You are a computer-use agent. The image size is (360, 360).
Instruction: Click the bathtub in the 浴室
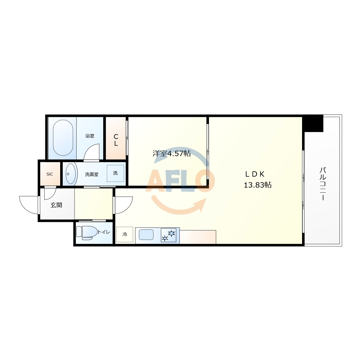(x=63, y=138)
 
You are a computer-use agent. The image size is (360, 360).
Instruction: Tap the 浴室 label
(x=90, y=136)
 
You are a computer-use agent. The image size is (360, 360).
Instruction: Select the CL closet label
(x=116, y=140)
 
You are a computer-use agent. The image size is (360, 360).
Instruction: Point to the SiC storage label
(x=50, y=174)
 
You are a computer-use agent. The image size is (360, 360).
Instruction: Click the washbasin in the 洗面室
(x=71, y=174)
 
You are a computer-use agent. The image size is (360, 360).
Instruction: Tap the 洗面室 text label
(x=92, y=174)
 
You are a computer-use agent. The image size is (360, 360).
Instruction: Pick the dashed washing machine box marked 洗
(x=116, y=173)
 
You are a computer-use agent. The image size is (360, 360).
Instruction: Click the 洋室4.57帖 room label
(x=172, y=153)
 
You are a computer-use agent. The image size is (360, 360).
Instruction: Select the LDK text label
(x=255, y=174)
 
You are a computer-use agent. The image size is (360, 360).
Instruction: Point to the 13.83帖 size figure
(x=258, y=185)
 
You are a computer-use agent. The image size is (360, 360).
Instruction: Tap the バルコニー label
(x=323, y=184)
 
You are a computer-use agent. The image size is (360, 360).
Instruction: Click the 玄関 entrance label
(x=56, y=205)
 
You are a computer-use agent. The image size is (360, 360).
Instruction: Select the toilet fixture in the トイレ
(x=87, y=233)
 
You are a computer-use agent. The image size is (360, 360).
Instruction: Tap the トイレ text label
(x=104, y=232)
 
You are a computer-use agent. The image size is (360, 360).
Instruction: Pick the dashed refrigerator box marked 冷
(x=125, y=235)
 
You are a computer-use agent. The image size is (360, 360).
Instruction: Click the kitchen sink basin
(x=146, y=235)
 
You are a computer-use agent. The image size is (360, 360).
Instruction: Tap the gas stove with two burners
(x=168, y=235)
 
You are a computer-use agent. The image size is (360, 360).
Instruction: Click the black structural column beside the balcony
(x=312, y=123)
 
